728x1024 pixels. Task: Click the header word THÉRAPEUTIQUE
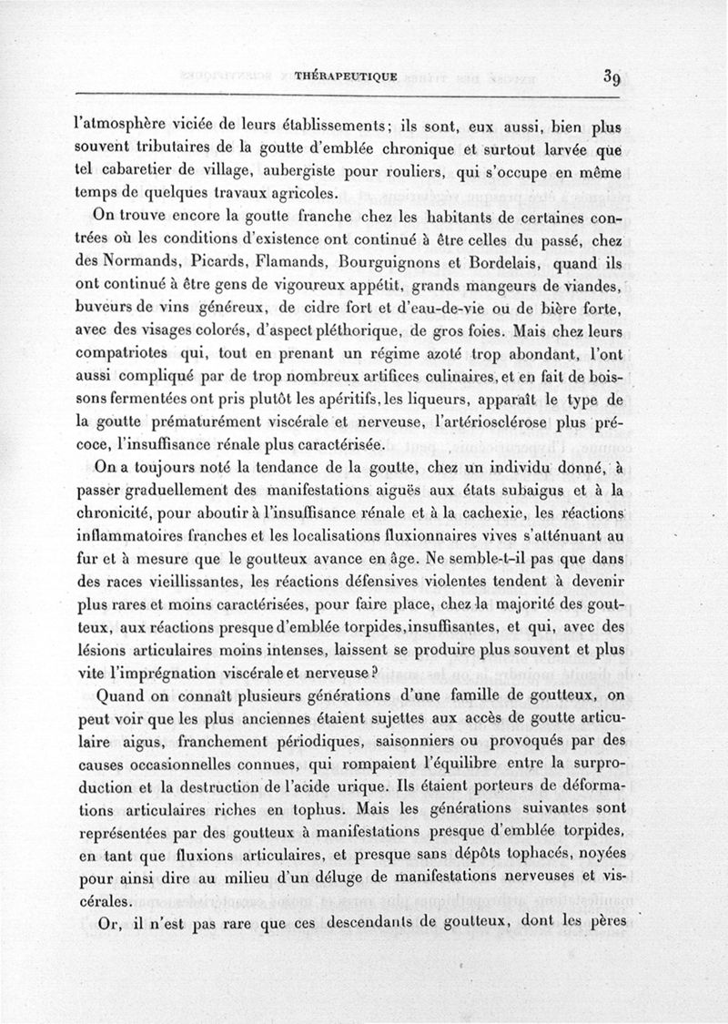click(346, 76)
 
